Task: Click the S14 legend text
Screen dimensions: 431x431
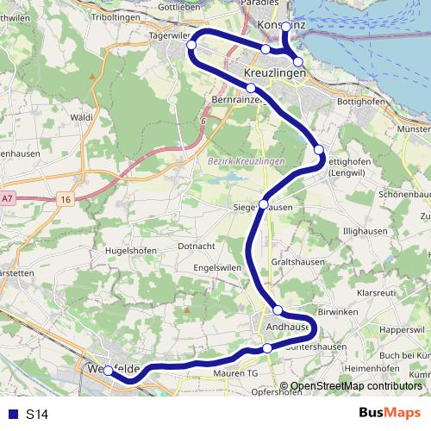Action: pyautogui.click(x=37, y=415)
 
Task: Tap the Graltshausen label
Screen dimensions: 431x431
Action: pyautogui.click(x=297, y=259)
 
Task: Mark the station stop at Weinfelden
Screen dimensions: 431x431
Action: pyautogui.click(x=108, y=372)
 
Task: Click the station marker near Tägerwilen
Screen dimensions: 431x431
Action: pyautogui.click(x=192, y=45)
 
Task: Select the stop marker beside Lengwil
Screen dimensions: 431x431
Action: pyautogui.click(x=319, y=150)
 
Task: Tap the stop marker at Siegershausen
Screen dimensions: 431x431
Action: pyautogui.click(x=264, y=204)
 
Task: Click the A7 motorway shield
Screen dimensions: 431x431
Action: pyautogui.click(x=8, y=198)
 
